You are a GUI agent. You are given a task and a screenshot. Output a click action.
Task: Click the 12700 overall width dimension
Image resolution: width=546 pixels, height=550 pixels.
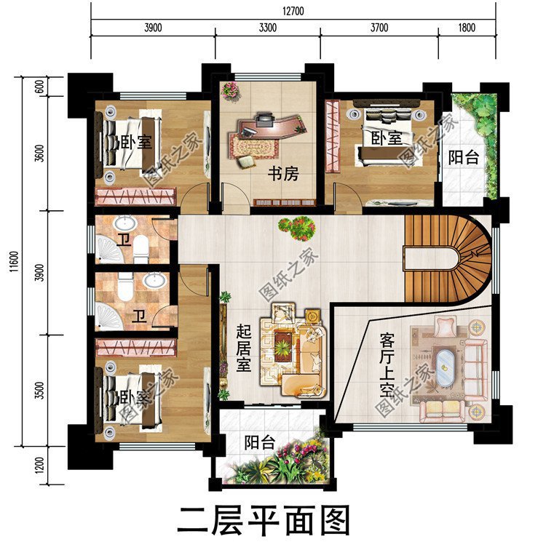pyautogui.click(x=295, y=10)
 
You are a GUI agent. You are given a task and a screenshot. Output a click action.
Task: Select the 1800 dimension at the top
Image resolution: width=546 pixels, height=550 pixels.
pyautogui.click(x=467, y=28)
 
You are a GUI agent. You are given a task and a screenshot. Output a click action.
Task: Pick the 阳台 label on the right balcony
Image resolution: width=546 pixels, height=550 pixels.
pyautogui.click(x=463, y=157)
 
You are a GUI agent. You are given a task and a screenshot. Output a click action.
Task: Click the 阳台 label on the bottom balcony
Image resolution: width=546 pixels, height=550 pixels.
pyautogui.click(x=258, y=442)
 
